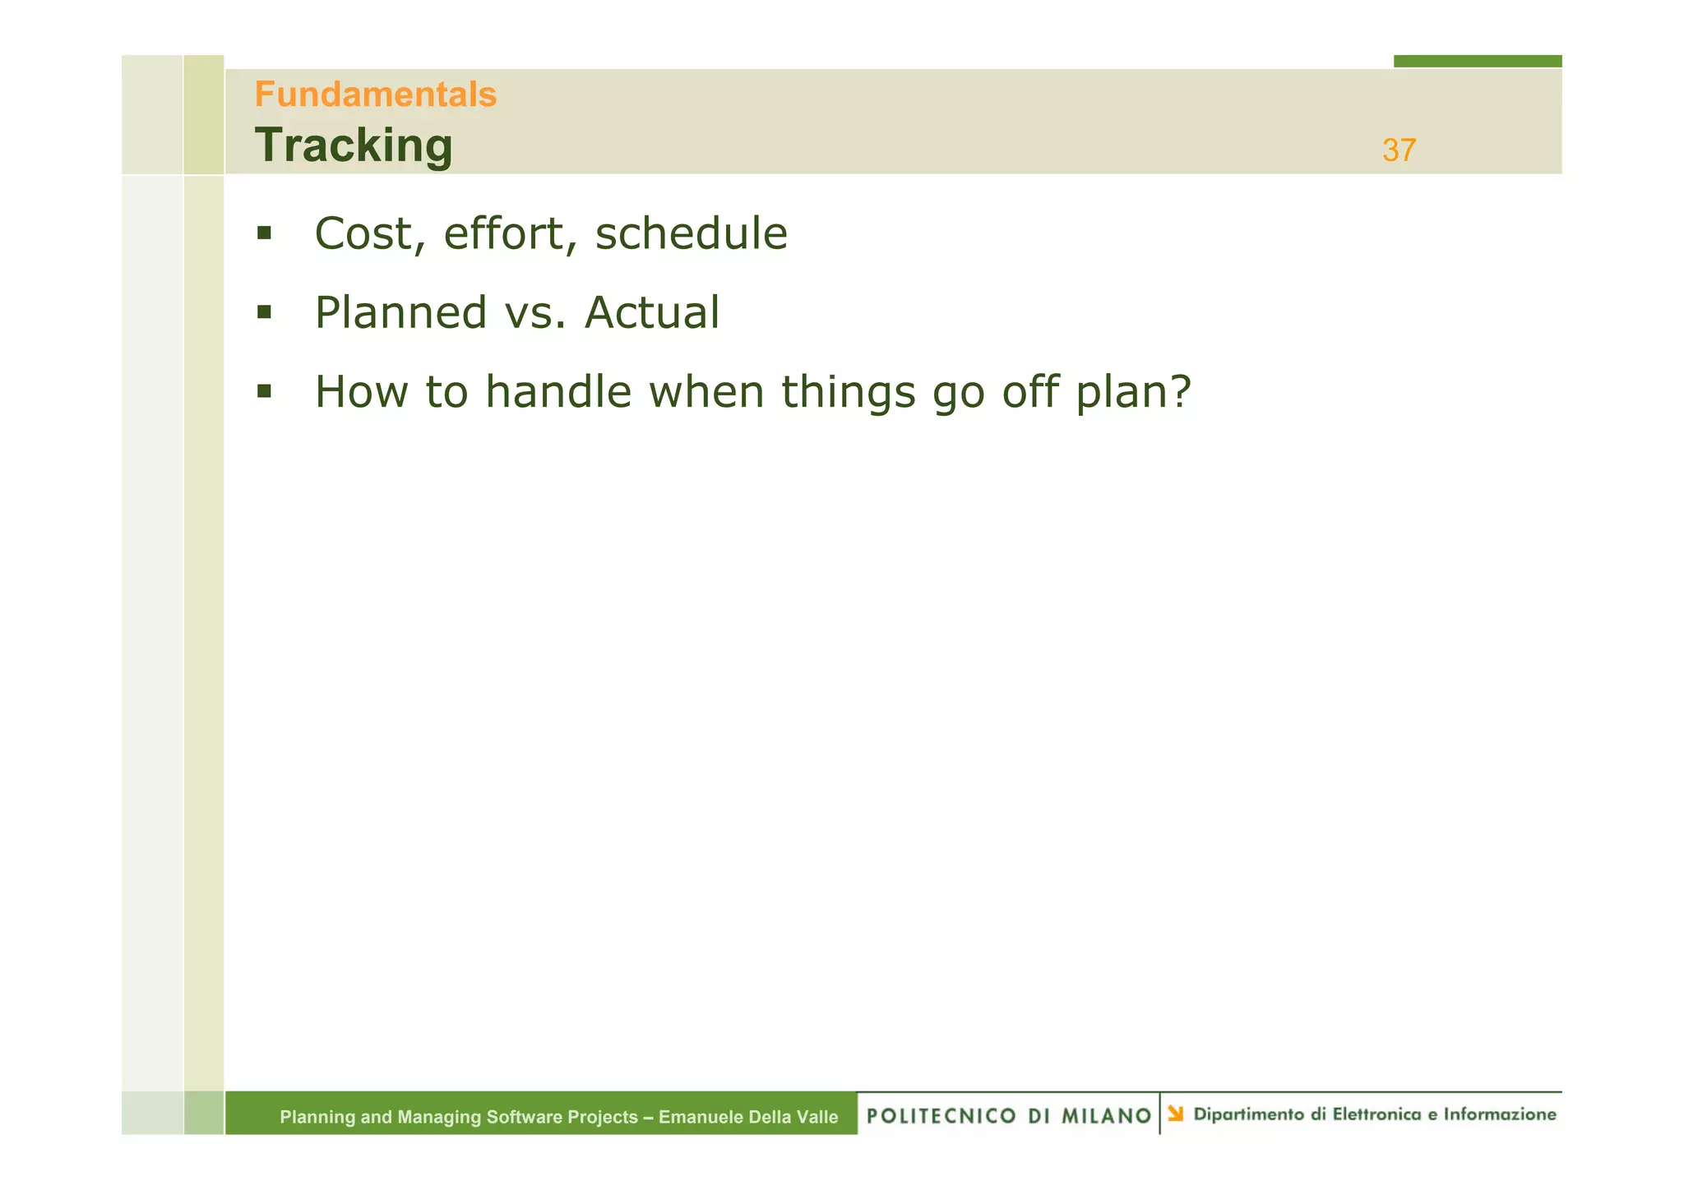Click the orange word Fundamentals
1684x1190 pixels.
tap(376, 95)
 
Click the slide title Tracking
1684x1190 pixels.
tap(354, 145)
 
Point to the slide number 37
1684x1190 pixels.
tap(1399, 150)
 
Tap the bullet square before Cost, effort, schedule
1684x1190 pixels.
tap(264, 233)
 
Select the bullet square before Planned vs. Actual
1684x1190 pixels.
tap(264, 312)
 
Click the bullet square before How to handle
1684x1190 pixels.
tap(264, 391)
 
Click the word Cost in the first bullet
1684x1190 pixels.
tap(363, 233)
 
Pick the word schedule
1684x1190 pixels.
tap(691, 233)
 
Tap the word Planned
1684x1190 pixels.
tap(401, 313)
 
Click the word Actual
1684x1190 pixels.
tap(652, 313)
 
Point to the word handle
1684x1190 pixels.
tap(557, 392)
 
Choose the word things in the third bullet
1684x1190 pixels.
tap(848, 392)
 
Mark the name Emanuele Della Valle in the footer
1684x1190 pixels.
tap(748, 1117)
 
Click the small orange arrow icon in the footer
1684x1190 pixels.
tap(1176, 1114)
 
